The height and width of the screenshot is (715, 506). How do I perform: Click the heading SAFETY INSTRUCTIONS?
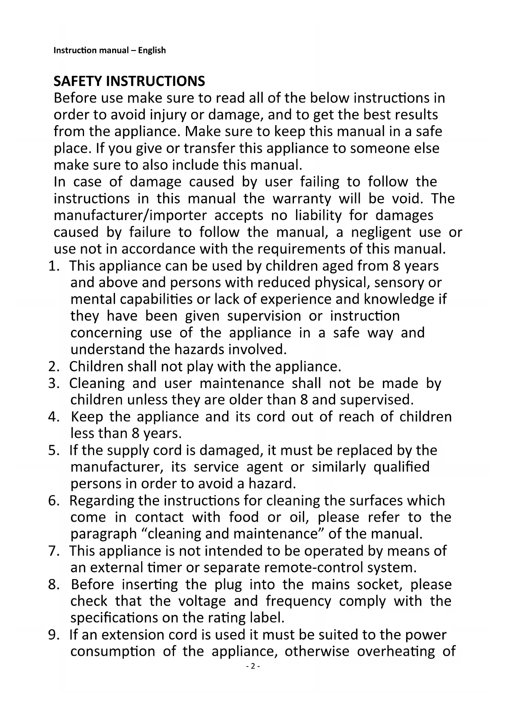pos(129,81)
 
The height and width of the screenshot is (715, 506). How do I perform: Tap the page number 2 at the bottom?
pos(253,666)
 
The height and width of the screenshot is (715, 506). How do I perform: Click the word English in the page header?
pos(152,51)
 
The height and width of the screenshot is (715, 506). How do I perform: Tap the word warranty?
pos(302,199)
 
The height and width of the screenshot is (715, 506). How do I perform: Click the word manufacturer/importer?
pos(130,215)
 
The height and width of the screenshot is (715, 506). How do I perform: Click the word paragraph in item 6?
pos(104,534)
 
